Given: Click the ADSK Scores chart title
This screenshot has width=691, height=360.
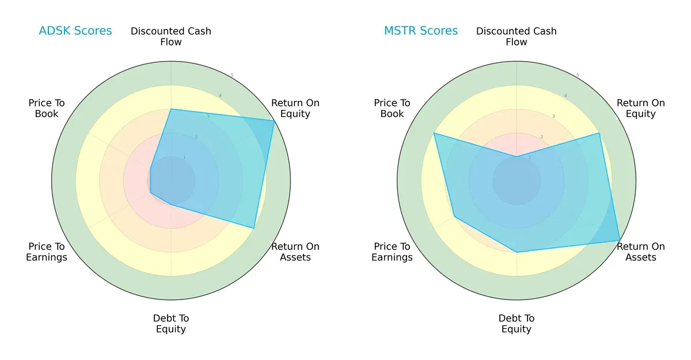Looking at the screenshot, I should [x=75, y=31].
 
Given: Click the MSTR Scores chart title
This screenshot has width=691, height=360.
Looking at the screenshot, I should [x=421, y=31].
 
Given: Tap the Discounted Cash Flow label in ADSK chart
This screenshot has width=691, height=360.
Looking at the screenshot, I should [x=171, y=36].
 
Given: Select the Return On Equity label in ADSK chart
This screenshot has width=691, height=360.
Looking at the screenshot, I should [x=295, y=108].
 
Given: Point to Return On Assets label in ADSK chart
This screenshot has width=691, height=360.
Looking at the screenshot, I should [x=295, y=252].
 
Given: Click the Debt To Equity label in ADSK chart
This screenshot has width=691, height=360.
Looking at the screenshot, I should [x=171, y=324].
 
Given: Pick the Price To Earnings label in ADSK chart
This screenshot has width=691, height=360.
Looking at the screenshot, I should [x=47, y=252].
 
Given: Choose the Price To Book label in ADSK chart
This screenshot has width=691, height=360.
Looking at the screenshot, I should [x=47, y=108].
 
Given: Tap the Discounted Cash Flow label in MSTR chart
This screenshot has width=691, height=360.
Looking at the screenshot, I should [x=517, y=36].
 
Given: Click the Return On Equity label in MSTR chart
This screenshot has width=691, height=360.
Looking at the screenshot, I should [x=641, y=108].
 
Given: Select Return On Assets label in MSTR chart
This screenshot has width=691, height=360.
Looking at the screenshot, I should [x=641, y=252].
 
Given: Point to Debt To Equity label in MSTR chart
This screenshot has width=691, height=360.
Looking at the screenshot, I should [x=517, y=324].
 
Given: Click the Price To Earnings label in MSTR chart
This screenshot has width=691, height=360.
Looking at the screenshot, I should [x=392, y=252].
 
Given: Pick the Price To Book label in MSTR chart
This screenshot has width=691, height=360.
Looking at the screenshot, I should [x=392, y=108].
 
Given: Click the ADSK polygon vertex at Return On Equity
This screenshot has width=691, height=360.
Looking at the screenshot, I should [x=274, y=120].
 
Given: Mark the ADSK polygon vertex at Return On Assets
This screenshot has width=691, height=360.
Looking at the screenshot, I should [x=254, y=228].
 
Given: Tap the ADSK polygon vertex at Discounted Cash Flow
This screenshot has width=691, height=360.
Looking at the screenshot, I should [x=171, y=109].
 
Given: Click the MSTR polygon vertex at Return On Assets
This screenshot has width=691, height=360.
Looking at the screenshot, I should [x=620, y=240].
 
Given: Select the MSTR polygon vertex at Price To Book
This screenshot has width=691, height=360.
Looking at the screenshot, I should [x=434, y=133].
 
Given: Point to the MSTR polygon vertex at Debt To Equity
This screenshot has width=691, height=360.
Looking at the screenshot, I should [x=517, y=252].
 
